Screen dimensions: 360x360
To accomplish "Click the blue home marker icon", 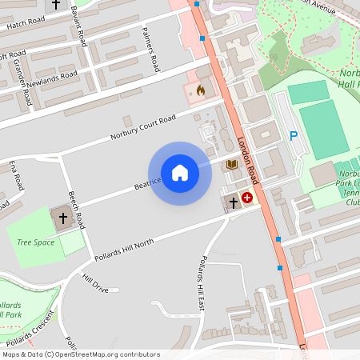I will coord(180,173).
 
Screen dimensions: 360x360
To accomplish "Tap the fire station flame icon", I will coord(200,90).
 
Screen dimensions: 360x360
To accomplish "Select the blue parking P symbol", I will coord(293,137).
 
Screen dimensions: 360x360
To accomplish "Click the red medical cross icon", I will coord(247,197).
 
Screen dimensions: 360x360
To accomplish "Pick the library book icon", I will coord(232,164).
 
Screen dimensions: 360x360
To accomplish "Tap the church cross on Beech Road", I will coord(62,217).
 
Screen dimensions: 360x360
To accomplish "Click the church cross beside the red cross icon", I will coord(233,203).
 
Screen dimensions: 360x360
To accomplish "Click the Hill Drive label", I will coord(95,282).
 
